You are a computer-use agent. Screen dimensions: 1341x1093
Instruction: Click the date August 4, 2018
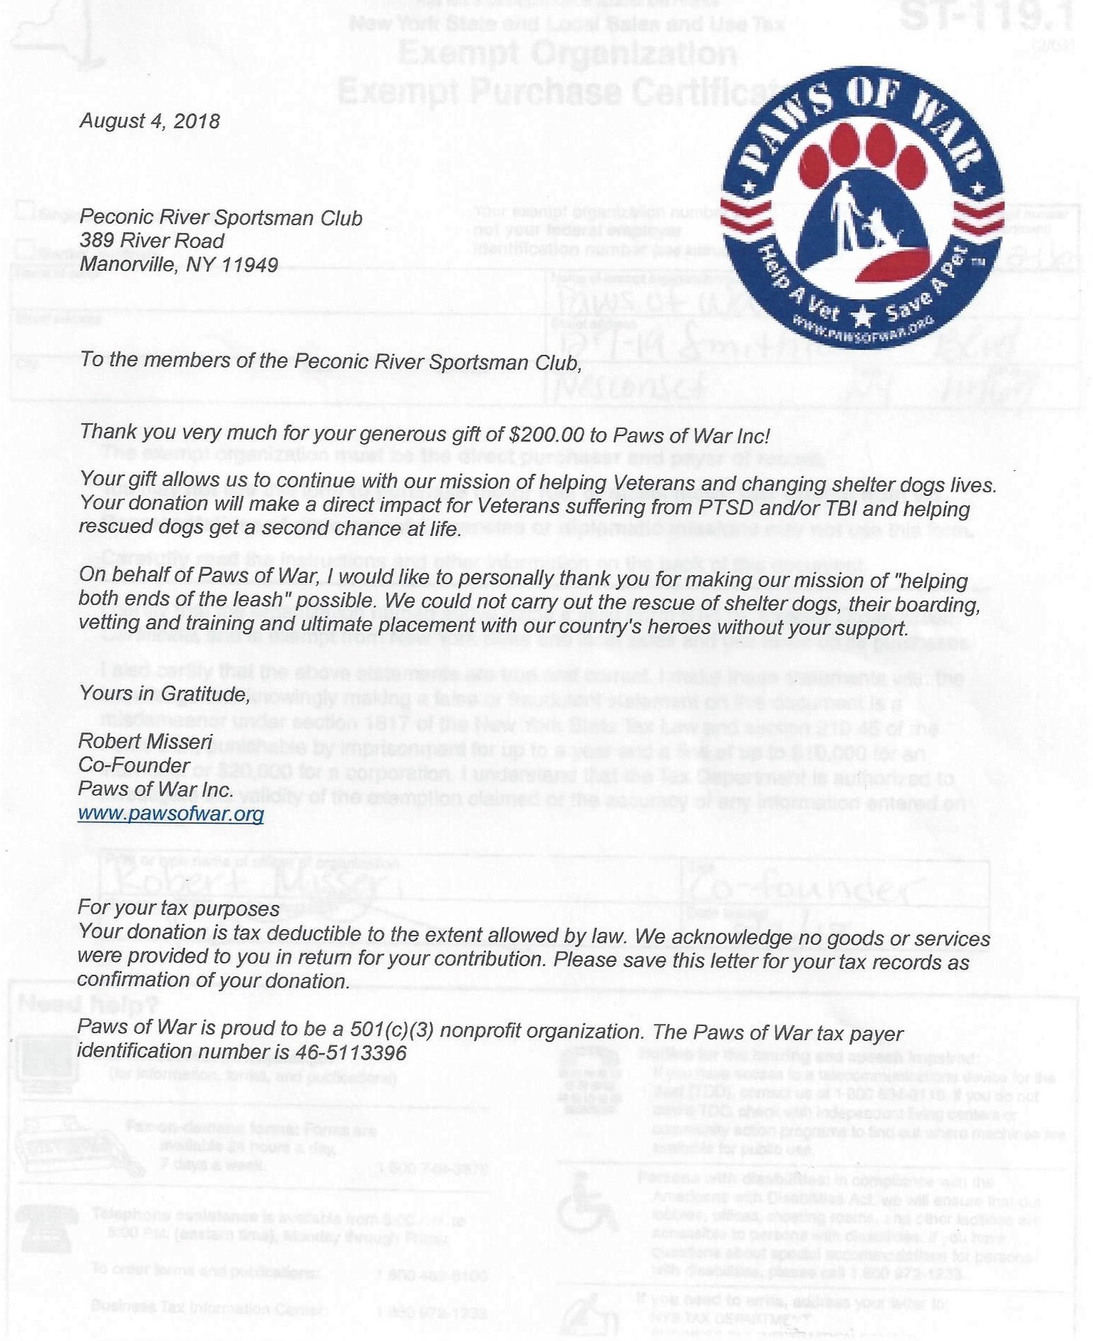[150, 120]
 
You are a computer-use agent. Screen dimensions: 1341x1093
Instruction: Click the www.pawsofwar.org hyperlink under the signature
[171, 814]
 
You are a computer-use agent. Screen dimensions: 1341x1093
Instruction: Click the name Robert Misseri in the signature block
[145, 741]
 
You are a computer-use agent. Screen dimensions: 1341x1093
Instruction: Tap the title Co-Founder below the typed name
[134, 765]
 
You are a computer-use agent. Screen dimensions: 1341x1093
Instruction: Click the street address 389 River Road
[152, 241]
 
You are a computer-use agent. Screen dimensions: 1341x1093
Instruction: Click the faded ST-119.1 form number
[986, 18]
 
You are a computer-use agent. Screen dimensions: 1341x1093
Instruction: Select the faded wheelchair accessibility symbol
[586, 1203]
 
